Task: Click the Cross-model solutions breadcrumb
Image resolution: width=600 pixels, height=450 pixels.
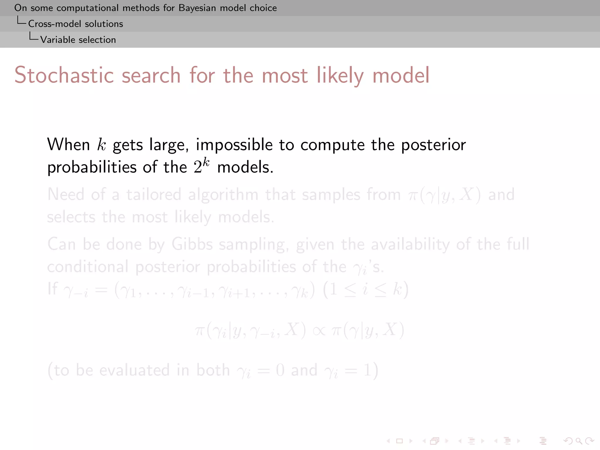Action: click(75, 24)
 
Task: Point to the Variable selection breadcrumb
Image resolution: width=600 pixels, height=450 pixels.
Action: click(78, 40)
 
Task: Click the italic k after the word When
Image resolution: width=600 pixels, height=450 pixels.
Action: click(101, 144)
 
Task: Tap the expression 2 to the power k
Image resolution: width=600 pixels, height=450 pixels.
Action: click(201, 166)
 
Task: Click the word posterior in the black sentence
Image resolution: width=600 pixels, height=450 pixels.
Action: click(433, 145)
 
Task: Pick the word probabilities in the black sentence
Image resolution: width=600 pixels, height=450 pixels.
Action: click(92, 167)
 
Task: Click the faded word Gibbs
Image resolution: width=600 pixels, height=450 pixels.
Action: click(192, 244)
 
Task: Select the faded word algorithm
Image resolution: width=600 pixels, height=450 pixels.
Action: click(223, 195)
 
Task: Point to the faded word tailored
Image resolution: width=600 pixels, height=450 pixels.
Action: click(154, 195)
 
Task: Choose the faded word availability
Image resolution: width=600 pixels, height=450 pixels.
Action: click(410, 244)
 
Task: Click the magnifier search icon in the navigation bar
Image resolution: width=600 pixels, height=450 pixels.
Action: click(579, 441)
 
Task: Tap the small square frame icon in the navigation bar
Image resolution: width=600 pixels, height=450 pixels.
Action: click(399, 441)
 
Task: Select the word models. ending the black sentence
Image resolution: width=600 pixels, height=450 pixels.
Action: click(245, 167)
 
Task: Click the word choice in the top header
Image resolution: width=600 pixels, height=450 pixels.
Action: click(263, 8)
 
